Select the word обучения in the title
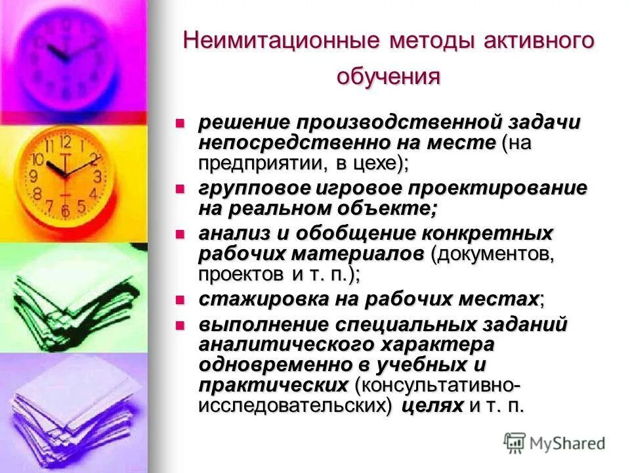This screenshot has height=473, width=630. click(388, 76)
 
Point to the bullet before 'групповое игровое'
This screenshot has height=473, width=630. click(181, 188)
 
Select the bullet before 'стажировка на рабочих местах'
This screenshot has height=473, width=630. click(181, 300)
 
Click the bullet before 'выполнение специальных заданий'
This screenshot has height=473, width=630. click(181, 325)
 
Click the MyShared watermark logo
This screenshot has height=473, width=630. click(555, 443)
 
